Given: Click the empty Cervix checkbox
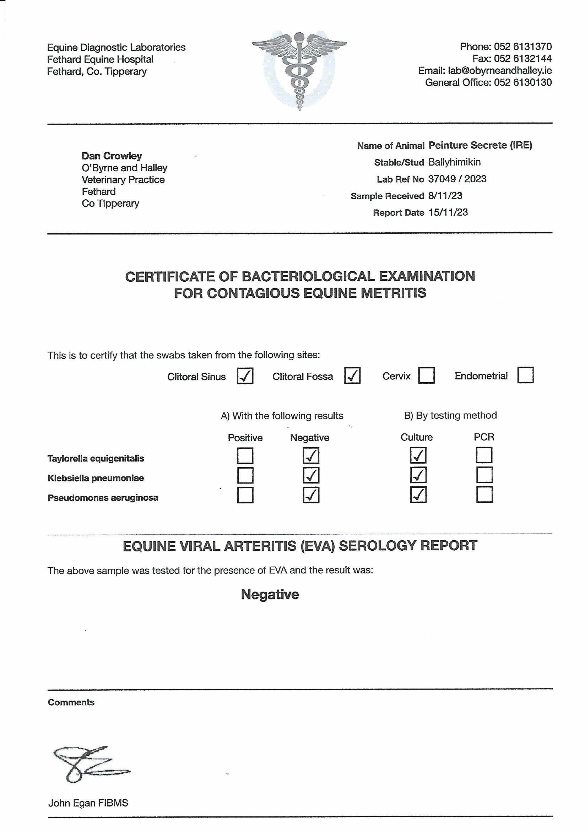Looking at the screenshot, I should [x=426, y=375].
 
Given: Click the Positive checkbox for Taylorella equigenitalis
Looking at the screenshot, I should [x=245, y=456].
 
